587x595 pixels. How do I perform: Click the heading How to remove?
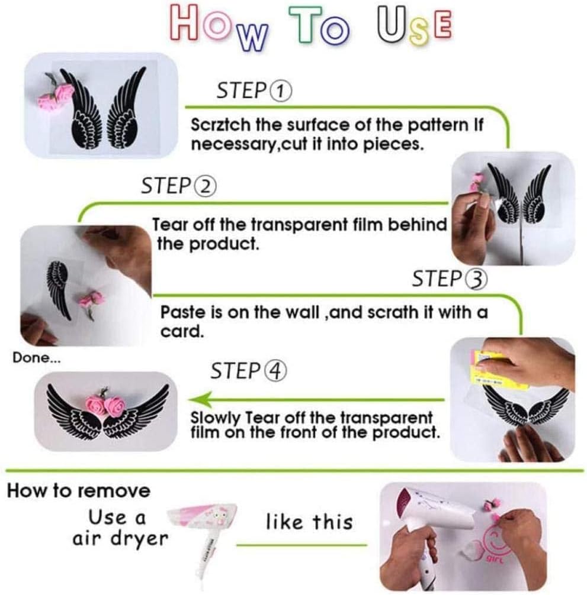(79, 491)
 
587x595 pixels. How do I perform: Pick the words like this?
(309, 522)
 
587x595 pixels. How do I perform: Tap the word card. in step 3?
(182, 332)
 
